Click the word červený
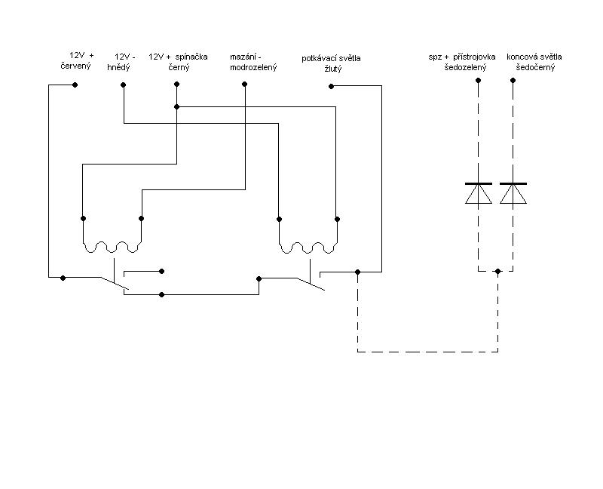[76, 66]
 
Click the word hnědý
[119, 67]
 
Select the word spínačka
[191, 57]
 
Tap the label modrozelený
[253, 67]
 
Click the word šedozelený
[465, 67]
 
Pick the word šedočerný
[535, 67]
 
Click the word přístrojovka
[474, 57]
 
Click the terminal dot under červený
[75, 85]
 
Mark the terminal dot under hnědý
[123, 85]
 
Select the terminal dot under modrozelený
[244, 84]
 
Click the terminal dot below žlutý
[331, 86]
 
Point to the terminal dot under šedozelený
[478, 81]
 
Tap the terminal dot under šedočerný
[513, 81]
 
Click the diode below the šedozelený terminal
[479, 193]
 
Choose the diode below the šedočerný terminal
[513, 193]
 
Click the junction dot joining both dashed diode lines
[498, 272]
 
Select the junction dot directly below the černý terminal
[177, 106]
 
